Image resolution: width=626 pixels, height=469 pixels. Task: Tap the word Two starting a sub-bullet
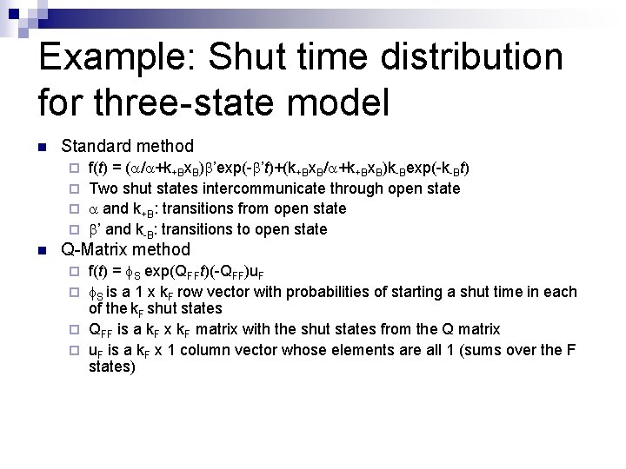104,188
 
